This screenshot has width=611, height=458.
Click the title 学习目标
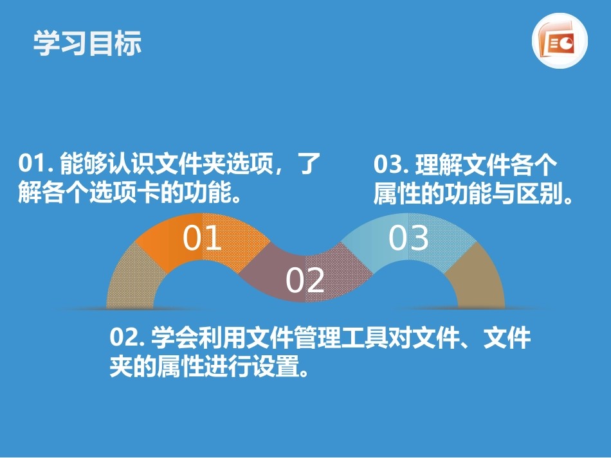87,43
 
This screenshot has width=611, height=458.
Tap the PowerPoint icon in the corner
560,42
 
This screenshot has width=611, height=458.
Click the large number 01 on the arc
203,238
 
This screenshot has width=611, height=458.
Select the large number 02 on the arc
305,281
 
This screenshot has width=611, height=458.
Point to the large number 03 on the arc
409,238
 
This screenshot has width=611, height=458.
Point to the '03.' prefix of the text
390,164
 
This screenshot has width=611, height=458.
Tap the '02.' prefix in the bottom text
127,337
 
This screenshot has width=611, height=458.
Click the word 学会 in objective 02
172,337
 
